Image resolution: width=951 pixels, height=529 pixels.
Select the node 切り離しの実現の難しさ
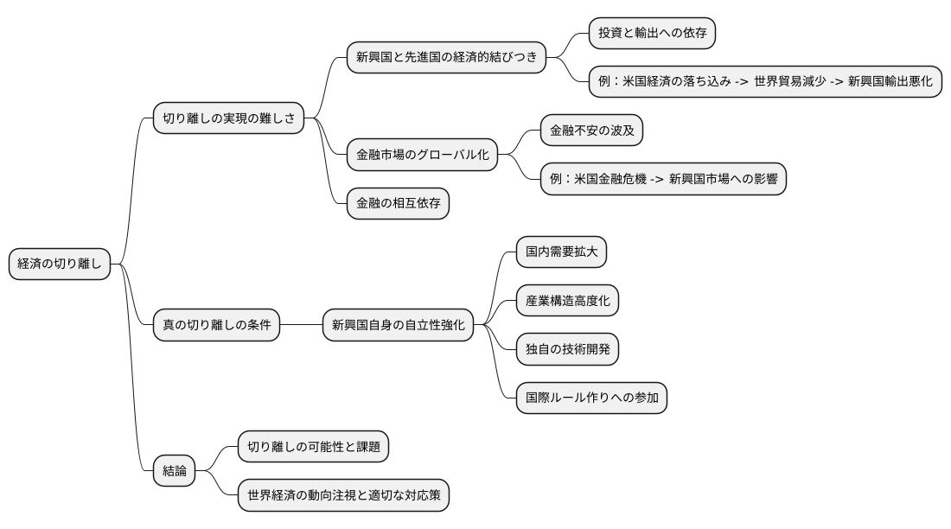coord(228,118)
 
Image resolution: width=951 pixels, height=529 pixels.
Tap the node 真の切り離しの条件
coord(216,325)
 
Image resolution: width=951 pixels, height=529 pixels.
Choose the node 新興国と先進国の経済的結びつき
coord(446,59)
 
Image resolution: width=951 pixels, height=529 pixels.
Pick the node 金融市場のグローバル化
coord(422,156)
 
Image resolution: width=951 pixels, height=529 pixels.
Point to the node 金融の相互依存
coord(397,203)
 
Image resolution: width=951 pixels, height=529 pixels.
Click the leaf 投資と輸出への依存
coord(652,34)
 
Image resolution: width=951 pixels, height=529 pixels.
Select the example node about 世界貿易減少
coord(764,81)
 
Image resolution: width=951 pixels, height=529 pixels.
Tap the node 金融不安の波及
coord(591,131)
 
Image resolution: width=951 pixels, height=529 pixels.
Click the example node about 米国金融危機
coord(662,179)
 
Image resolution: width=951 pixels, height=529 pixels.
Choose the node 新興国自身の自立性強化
coord(398,325)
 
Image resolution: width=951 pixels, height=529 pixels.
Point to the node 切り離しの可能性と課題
coord(313,447)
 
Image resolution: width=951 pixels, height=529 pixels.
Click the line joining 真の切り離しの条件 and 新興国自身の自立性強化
coord(301,325)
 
